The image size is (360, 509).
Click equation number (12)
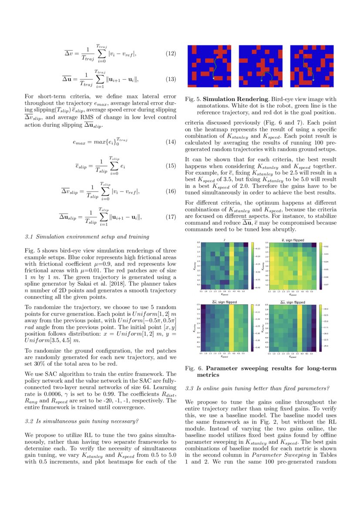tap(171, 54)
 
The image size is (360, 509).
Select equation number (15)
tap(171, 166)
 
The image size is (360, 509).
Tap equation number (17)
tap(171, 216)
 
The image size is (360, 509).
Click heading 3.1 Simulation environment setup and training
tap(87, 237)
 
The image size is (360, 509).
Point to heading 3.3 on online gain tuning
tap(257, 388)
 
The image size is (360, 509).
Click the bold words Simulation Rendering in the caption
tap(235, 100)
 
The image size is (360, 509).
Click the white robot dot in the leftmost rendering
tap(214, 78)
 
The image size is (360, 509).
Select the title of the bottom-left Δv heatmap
tap(224, 302)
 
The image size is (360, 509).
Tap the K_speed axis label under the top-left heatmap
tap(224, 294)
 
